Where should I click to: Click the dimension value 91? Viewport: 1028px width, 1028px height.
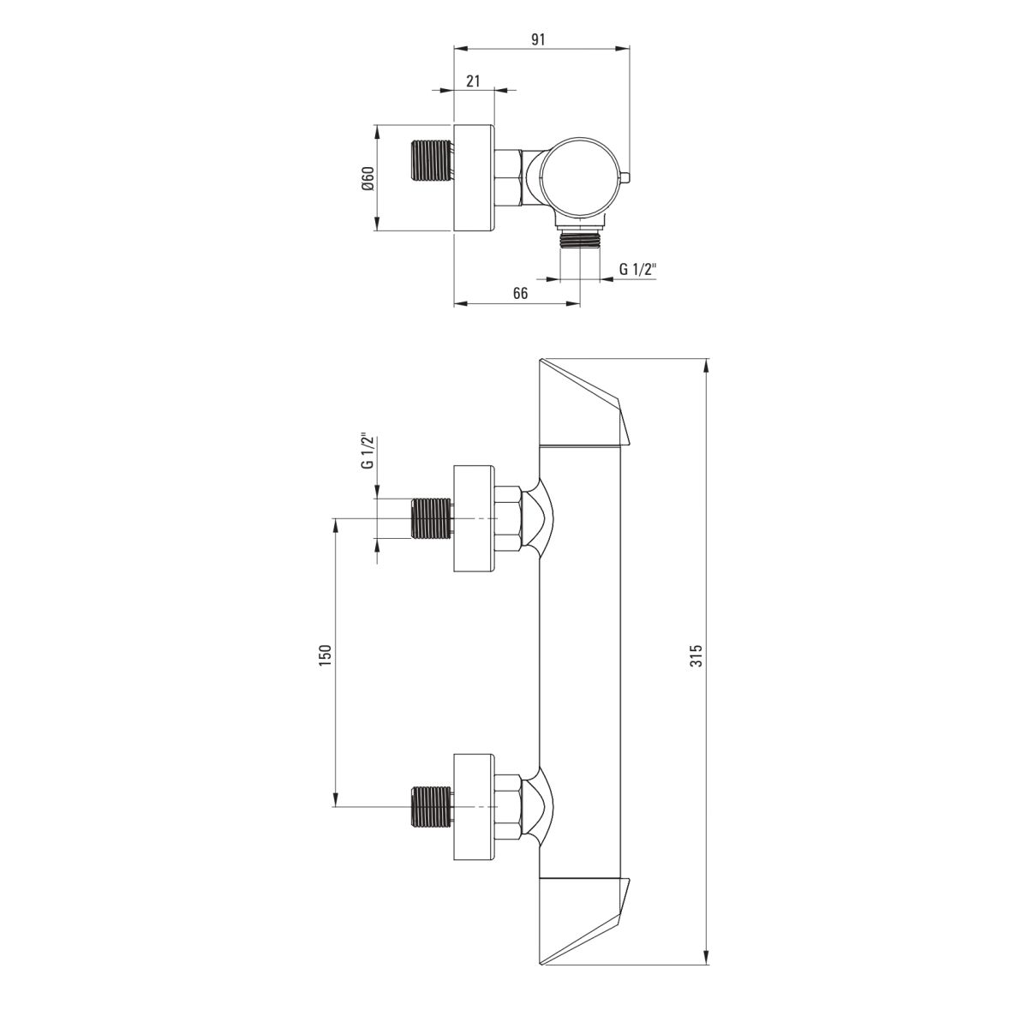(x=539, y=39)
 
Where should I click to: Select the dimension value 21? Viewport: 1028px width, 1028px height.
(x=473, y=81)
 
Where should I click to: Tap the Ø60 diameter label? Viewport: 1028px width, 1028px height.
(x=368, y=178)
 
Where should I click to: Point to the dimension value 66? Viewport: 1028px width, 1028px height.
(x=520, y=293)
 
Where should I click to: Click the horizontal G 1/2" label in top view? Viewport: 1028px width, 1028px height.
(x=638, y=269)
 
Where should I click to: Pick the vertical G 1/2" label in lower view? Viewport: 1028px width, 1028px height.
(x=367, y=451)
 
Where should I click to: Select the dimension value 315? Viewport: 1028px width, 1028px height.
(x=696, y=655)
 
